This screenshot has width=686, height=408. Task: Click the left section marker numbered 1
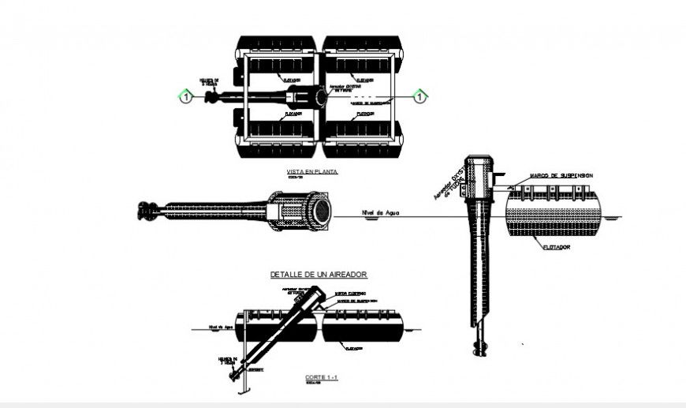click(x=185, y=97)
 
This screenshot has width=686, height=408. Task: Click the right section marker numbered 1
click(x=421, y=97)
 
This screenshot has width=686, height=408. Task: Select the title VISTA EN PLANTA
click(x=313, y=171)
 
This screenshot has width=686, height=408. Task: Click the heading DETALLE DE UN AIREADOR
click(x=319, y=275)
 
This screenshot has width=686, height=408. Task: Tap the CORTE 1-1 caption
click(x=322, y=377)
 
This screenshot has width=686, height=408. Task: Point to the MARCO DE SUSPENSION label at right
click(x=561, y=175)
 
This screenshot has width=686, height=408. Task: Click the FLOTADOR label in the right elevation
click(x=557, y=246)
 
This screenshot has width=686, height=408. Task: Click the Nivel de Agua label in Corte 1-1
click(x=221, y=326)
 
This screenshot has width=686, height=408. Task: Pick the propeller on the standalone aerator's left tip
click(x=147, y=211)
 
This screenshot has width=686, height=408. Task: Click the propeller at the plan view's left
click(x=211, y=97)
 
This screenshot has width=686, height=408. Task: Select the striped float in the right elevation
click(x=552, y=214)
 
